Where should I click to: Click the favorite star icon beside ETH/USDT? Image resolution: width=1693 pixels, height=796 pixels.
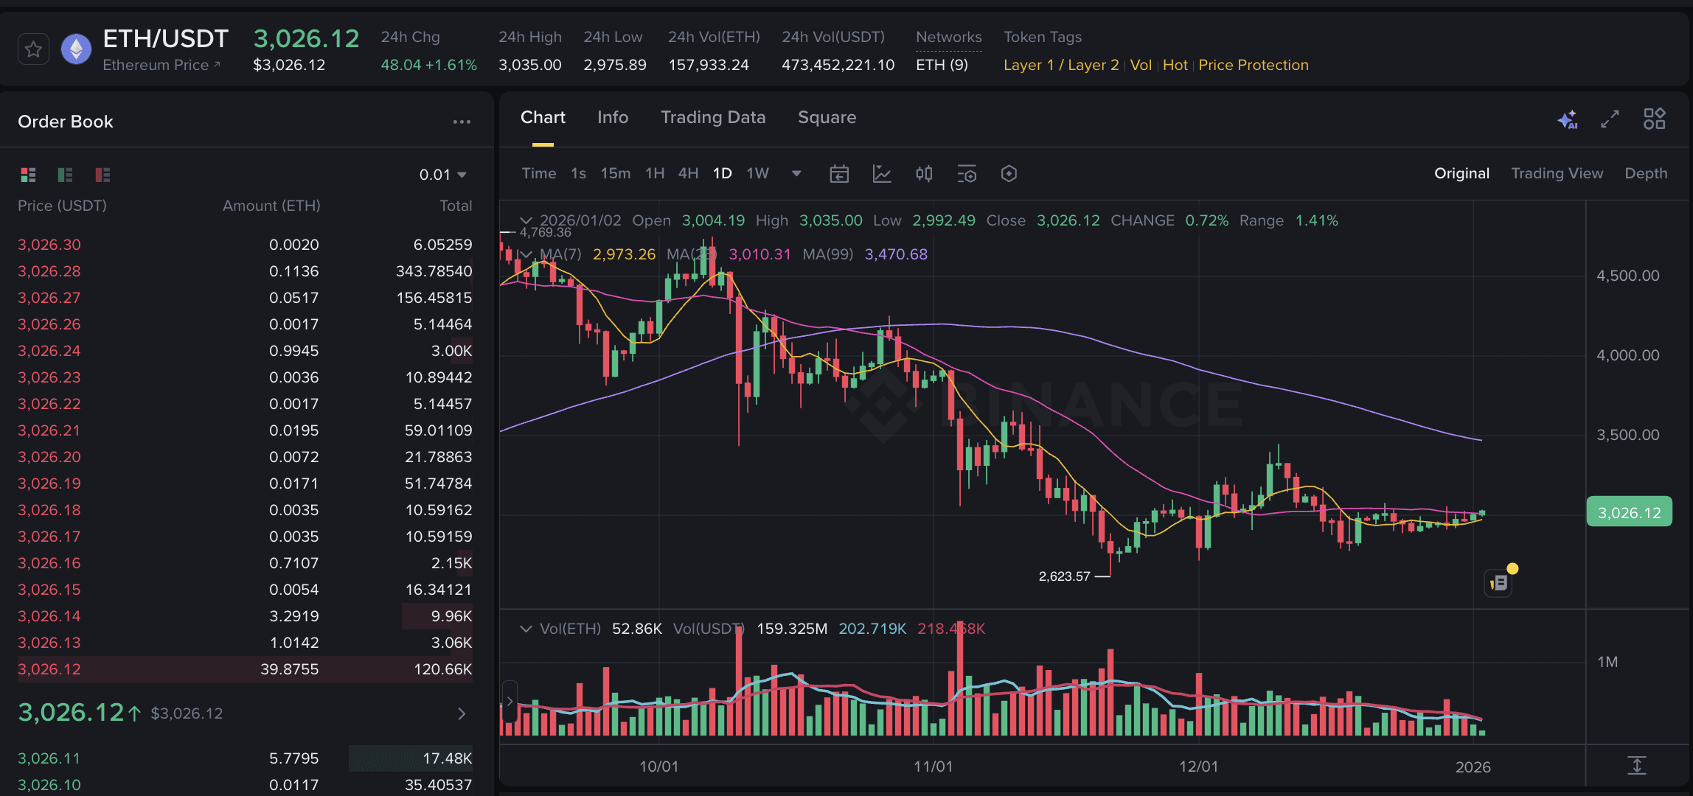[33, 50]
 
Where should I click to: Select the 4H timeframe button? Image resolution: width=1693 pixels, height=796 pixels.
[688, 173]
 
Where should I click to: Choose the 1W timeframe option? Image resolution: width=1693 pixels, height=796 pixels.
[757, 173]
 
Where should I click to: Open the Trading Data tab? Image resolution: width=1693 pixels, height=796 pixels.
[712, 117]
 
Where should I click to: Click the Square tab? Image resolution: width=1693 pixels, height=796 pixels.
[827, 117]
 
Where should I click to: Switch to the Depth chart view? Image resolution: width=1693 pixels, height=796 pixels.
[1645, 173]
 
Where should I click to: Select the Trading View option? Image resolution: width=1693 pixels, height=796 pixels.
[1557, 173]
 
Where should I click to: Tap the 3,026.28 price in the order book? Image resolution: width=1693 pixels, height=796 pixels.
[49, 271]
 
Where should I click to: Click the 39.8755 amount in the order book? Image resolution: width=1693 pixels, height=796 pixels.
[289, 669]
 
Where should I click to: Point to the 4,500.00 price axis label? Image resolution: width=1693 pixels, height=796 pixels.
[1627, 276]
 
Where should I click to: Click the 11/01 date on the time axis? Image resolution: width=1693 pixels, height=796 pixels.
[933, 767]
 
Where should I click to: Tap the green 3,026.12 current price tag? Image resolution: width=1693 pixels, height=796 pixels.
[1629, 513]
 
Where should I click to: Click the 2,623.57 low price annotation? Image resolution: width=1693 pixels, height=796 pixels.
[1064, 576]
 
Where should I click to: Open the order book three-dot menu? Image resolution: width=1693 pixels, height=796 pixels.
[462, 122]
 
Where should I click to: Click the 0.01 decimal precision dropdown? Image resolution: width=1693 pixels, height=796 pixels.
[442, 175]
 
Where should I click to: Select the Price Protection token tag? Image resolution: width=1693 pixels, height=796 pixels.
[1253, 65]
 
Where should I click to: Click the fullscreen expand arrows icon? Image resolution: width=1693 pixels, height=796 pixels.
[1610, 119]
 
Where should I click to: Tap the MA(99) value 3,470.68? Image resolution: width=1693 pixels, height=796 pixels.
[895, 254]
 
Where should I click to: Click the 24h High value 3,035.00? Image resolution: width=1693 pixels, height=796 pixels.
[529, 65]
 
